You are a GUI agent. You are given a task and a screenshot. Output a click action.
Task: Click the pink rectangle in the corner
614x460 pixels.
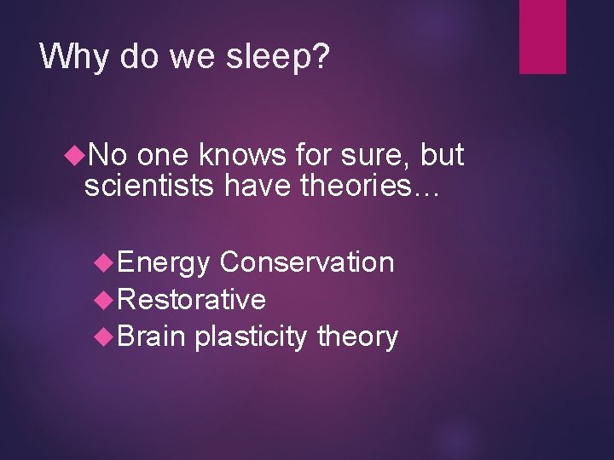542,37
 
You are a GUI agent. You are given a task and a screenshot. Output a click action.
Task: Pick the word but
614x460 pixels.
443,155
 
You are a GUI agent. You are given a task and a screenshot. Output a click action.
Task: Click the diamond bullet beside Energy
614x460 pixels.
107,262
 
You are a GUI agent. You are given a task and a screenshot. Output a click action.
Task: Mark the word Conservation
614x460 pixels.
306,262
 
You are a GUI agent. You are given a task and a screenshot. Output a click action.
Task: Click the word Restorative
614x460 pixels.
192,299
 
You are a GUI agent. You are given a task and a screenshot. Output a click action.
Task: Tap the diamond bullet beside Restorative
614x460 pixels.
107,299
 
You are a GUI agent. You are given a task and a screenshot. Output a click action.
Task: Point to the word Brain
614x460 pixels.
152,336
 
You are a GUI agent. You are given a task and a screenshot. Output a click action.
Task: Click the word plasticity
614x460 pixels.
252,336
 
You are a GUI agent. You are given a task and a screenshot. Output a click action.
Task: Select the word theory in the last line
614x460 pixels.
357,336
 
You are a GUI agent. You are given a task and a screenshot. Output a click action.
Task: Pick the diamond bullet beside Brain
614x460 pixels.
107,336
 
